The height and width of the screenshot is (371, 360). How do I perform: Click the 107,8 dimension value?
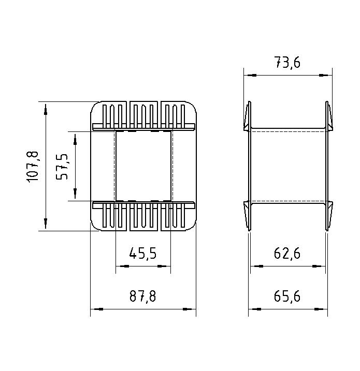point(32,167)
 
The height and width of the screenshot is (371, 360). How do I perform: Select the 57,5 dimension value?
point(62,167)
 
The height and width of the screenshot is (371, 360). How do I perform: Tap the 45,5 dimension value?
point(143,254)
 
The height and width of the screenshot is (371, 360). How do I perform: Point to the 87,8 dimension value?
point(143,296)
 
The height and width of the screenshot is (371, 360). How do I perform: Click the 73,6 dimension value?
point(287,62)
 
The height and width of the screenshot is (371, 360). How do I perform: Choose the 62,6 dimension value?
point(287,254)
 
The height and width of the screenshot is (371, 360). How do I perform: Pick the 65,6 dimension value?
point(287,296)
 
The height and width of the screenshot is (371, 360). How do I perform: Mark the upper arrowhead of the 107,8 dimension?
point(46,109)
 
